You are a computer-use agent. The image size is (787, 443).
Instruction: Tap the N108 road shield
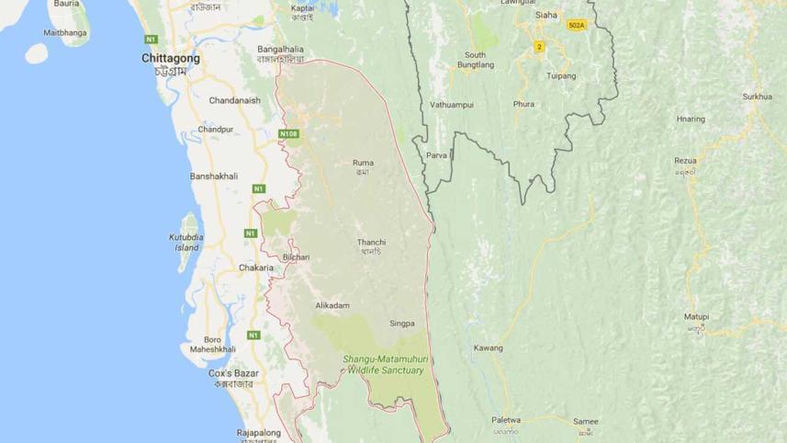tap(289, 135)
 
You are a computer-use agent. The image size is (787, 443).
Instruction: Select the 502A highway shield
tap(577, 25)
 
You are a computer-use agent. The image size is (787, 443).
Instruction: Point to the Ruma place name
tap(363, 164)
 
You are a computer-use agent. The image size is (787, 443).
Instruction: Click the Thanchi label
tap(371, 243)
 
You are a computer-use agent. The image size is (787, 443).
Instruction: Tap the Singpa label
tap(402, 324)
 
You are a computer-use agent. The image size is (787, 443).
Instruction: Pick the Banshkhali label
tap(214, 175)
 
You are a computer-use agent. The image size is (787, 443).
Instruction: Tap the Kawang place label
tap(488, 348)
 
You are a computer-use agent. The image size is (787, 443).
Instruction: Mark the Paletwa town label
tap(505, 419)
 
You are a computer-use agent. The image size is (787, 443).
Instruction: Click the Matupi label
tap(695, 317)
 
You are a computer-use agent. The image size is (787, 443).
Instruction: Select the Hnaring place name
tap(690, 119)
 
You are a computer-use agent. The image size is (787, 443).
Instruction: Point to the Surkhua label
tap(759, 97)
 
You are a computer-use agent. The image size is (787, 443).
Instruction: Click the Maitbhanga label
tap(69, 33)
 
